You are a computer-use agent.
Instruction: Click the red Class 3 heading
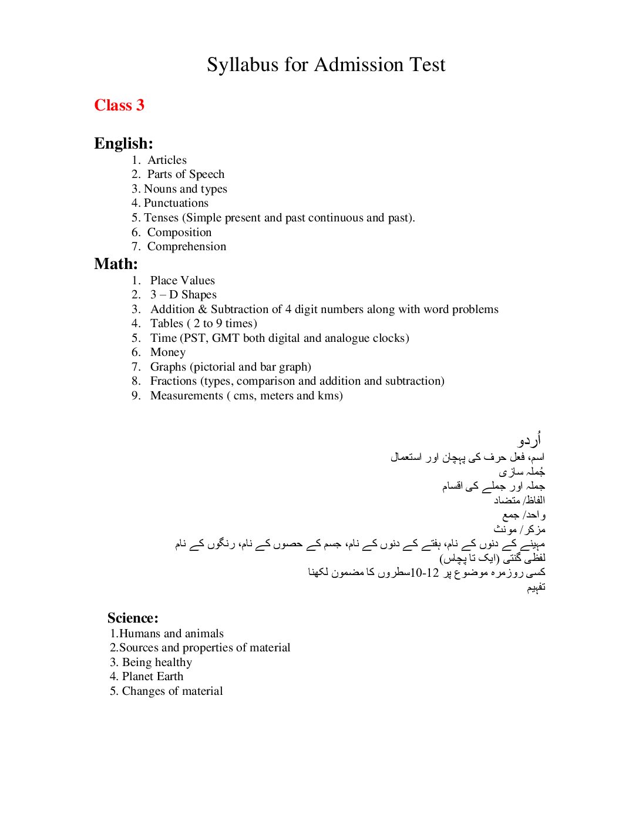[x=119, y=105]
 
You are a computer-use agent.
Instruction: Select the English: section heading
[x=123, y=143]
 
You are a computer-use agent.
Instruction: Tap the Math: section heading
[x=116, y=264]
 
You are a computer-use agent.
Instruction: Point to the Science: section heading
[x=133, y=618]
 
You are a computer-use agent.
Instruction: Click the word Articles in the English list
[x=167, y=160]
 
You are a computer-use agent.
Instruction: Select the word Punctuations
[x=176, y=203]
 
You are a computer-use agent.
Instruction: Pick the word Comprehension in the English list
[x=186, y=246]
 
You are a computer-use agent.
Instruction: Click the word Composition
[x=179, y=232]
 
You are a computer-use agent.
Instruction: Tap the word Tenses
[x=161, y=217]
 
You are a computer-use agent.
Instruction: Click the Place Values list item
[x=182, y=280]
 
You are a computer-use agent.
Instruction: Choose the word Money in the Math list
[x=167, y=352]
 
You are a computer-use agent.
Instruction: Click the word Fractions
[x=174, y=381]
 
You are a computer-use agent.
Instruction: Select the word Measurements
[x=186, y=395]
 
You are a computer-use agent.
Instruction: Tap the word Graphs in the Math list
[x=168, y=367]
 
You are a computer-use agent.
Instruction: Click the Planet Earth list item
[x=152, y=676]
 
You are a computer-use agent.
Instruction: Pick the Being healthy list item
[x=157, y=662]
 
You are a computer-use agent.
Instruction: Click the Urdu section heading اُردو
[x=530, y=440]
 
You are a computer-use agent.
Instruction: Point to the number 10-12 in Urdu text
[x=425, y=572]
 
